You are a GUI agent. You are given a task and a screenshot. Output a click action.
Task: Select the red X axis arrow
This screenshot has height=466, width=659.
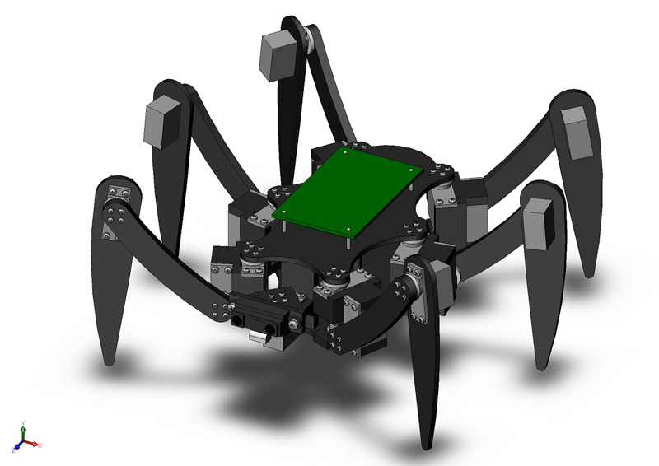32,443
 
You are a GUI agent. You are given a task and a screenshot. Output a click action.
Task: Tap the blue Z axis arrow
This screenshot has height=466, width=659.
17,447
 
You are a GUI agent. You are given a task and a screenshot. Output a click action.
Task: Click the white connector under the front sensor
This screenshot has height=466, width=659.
262,337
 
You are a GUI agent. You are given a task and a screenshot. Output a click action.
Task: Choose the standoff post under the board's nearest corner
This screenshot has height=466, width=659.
351,239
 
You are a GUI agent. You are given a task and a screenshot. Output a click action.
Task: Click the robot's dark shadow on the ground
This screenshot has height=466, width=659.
272,387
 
